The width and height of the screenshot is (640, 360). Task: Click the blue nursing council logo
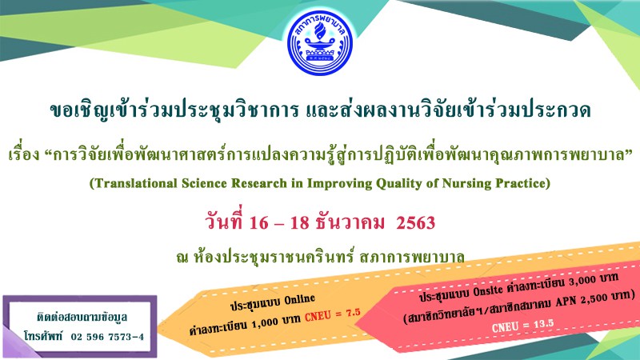pos(319,43)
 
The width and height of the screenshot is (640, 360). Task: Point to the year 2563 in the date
pos(415,223)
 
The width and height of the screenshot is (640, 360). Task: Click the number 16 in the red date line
pos(258,223)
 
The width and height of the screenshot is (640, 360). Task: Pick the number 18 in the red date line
pos(300,223)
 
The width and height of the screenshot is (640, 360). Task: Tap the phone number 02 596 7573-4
pos(107,337)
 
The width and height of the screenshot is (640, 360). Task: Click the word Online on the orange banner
pos(299,300)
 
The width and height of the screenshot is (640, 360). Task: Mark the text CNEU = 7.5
pos(333,314)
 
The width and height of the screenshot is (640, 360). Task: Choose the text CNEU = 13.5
pos(522,326)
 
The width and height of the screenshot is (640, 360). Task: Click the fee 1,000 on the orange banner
pos(265,325)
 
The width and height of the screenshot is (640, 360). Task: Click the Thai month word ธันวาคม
pos(350,223)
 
